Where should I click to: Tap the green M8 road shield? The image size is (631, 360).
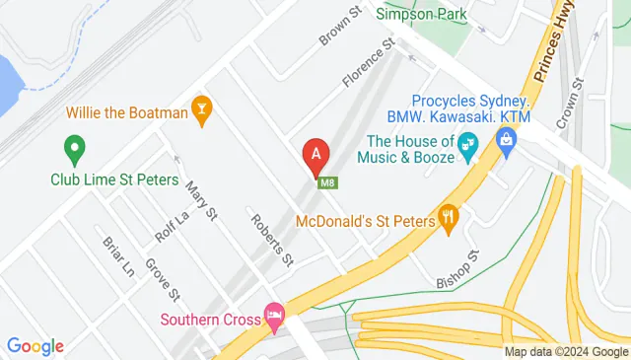point(322,180)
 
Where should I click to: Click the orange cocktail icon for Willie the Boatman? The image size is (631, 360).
point(203,112)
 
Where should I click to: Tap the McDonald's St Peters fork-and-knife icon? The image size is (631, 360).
point(449,220)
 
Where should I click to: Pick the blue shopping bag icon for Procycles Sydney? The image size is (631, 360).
point(507,146)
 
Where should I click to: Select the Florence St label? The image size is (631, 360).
point(369,63)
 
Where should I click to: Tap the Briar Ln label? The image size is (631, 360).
point(117,254)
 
